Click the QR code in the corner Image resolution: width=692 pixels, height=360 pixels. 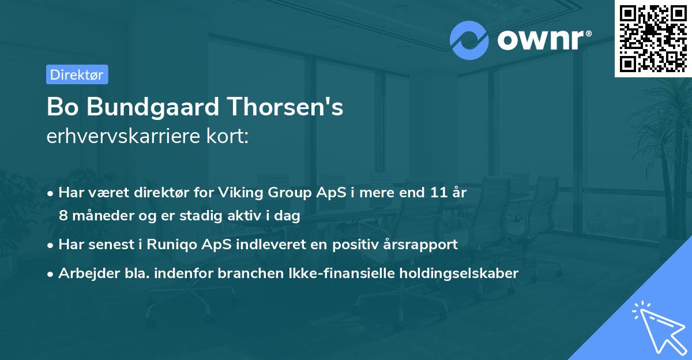point(653,38)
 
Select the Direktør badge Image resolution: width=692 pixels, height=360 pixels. point(77,74)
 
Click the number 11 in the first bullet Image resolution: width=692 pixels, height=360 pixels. point(433,192)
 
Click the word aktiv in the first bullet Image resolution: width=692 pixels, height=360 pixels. point(255,216)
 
